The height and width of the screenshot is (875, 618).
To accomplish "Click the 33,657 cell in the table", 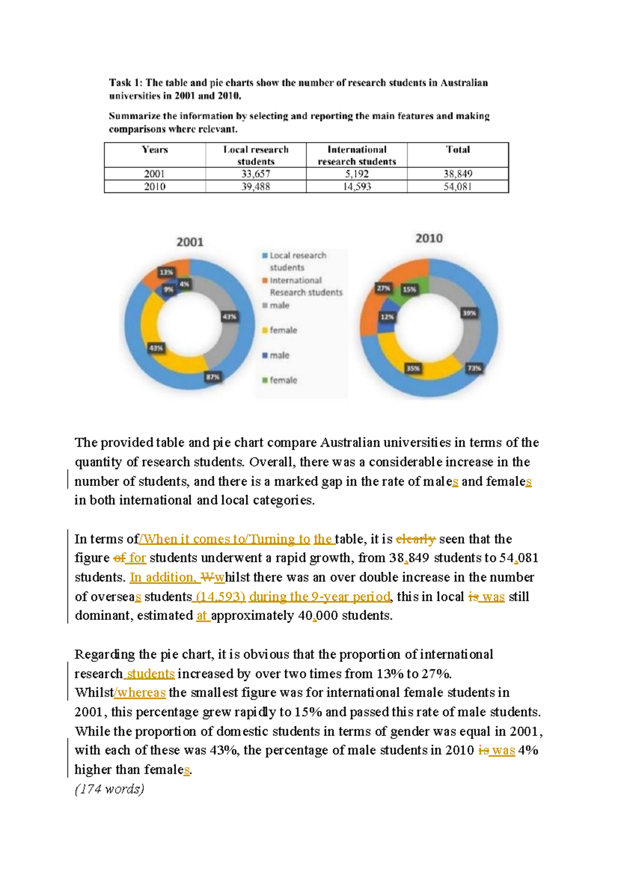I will point(255,174).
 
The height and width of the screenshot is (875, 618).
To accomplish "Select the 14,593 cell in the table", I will point(356,187).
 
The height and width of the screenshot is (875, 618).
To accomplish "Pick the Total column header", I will point(457,149).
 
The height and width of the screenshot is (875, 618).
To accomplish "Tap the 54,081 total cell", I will point(457,187).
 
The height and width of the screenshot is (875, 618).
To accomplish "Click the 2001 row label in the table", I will point(154,174).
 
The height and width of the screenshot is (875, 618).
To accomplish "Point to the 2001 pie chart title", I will point(190,242).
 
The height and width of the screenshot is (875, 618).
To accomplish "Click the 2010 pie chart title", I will point(429,238).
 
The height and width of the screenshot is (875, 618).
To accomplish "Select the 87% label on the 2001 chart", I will point(213,377).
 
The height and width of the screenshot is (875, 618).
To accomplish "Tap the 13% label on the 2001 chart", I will point(166,272).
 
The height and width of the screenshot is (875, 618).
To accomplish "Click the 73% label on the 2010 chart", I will point(474,368).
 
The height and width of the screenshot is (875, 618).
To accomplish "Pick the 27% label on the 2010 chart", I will point(383,289).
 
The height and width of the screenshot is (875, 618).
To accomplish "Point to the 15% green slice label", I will point(409,290).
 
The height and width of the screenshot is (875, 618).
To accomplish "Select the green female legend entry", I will point(283,380).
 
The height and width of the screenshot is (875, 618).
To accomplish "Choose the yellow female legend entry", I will point(283,330).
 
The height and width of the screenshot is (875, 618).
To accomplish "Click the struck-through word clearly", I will point(416,539).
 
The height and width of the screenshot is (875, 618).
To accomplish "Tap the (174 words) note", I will point(109,789).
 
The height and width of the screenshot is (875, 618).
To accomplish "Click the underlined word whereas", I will point(142,693).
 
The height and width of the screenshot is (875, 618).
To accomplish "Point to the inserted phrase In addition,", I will point(162,577).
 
